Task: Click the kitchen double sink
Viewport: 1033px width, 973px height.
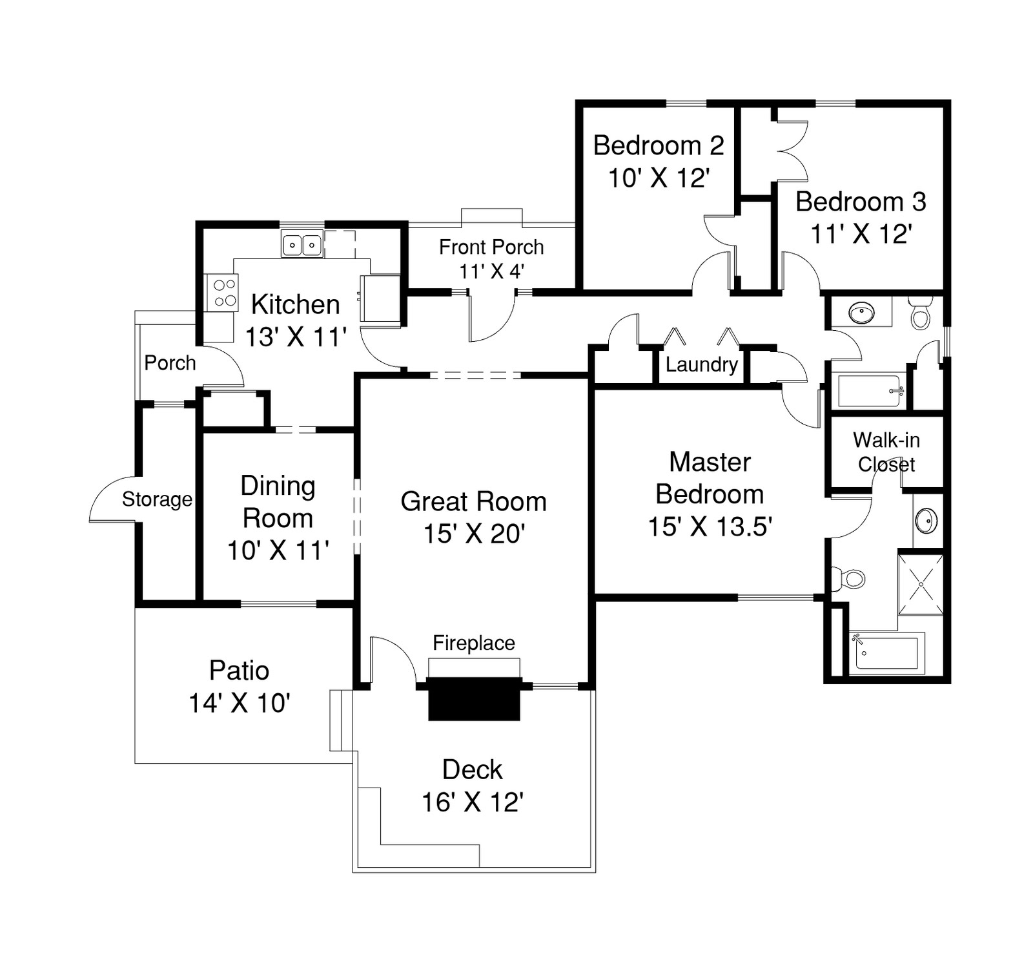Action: click(302, 245)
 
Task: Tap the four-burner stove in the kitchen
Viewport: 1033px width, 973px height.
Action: click(221, 292)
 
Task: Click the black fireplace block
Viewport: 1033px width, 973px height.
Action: click(474, 698)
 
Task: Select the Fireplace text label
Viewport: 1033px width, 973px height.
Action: click(473, 643)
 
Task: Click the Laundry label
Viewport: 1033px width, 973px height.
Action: click(701, 365)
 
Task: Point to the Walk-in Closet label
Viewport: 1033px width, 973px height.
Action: click(886, 452)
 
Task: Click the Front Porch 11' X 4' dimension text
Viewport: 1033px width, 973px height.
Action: click(491, 271)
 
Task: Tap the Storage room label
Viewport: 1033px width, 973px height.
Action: click(157, 499)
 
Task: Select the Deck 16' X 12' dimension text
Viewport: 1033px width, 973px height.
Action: click(472, 802)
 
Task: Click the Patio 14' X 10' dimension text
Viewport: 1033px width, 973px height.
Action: click(239, 703)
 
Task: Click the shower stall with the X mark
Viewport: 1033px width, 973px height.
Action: click(921, 583)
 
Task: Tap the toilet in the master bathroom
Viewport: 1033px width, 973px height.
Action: click(849, 578)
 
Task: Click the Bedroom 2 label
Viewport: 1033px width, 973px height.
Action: click(658, 146)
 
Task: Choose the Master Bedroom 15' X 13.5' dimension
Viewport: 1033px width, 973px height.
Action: click(710, 527)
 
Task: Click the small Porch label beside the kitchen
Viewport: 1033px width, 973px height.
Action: click(170, 363)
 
